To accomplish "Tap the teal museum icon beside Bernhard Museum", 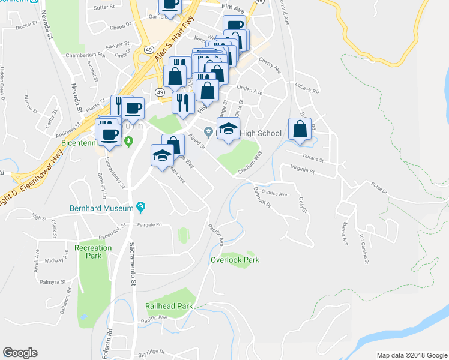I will point(140,208).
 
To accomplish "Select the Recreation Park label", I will point(93,252).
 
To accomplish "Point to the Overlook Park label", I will point(235,260).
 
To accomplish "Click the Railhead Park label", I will point(169,306).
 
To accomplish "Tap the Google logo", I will point(20,353).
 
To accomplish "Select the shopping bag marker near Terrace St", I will point(300,129).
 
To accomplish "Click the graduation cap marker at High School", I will point(228,129).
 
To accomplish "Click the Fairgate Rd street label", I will point(149,225).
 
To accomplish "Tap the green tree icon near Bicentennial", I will point(128,141).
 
